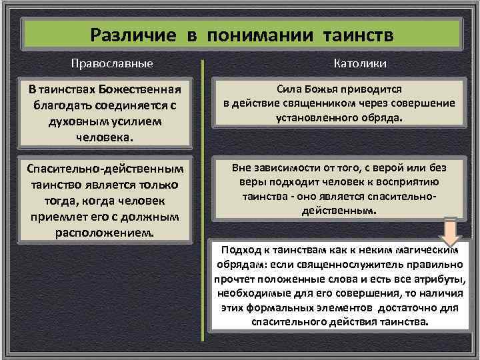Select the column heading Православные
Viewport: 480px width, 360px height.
click(x=113, y=63)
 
